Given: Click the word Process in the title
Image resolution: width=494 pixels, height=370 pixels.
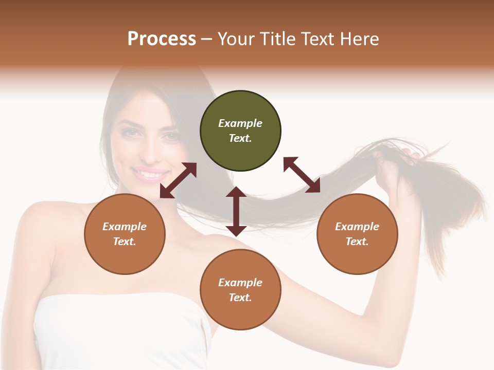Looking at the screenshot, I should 162,39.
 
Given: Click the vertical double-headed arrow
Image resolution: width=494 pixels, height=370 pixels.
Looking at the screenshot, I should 236,211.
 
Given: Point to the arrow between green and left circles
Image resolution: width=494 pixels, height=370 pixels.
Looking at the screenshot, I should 178,180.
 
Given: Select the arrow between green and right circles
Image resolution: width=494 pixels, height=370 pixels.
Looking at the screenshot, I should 302,175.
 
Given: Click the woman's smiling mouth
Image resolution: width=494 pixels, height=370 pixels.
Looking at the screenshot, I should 150,175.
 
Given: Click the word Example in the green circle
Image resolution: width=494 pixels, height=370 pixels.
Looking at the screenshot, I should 240,123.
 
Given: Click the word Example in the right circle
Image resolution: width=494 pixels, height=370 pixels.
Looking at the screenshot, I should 357,227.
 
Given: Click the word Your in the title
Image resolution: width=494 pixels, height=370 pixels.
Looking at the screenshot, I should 236,39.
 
